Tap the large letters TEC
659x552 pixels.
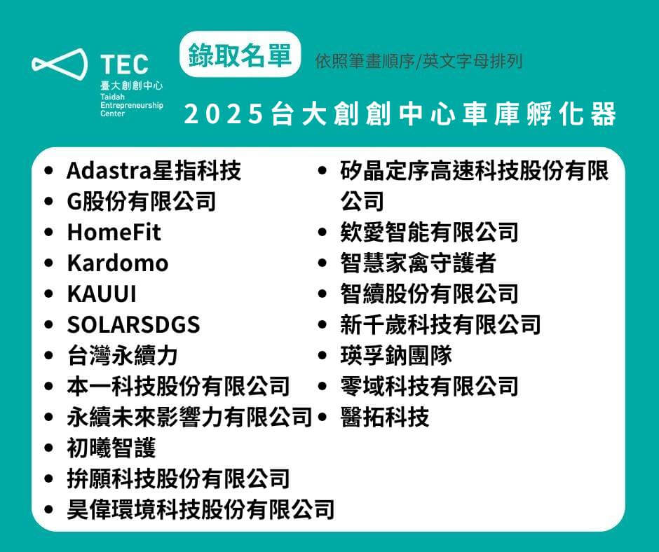pos(124,64)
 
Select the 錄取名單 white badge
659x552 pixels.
pos(240,54)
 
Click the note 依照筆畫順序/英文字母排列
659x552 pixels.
pos(419,62)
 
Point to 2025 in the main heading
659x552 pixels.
pos(223,114)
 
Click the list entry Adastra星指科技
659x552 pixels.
pos(154,170)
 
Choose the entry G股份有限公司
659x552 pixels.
pos(141,201)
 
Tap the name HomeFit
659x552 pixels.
pos(114,232)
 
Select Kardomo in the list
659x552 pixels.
pos(118,263)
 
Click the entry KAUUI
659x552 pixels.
pos(102,294)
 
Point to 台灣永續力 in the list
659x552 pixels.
pos(122,355)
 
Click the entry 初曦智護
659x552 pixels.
pos(111,448)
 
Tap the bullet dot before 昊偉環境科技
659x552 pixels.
pos(49,509)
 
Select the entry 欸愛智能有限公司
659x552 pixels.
pos(430,232)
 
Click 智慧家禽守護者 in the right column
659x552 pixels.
pos(418,263)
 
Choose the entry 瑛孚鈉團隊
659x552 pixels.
pos(396,355)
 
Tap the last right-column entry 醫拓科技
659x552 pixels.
pos(385,417)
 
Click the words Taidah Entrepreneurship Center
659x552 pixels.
pos(132,105)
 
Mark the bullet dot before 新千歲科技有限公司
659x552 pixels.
pos(322,325)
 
